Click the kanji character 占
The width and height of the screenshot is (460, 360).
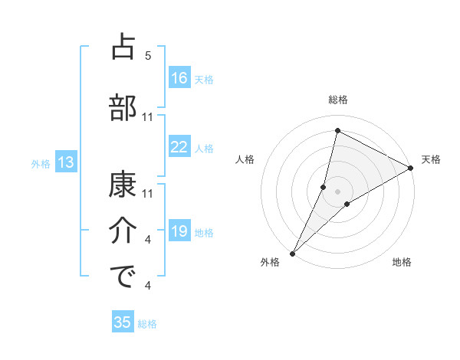tap(123, 47)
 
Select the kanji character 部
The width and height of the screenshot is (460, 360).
tap(123, 106)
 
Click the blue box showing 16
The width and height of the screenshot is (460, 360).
tap(179, 78)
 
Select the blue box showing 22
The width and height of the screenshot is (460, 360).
tap(179, 147)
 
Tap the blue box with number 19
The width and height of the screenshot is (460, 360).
tap(179, 231)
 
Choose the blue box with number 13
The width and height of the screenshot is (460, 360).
tap(65, 162)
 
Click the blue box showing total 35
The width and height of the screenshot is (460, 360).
tap(123, 322)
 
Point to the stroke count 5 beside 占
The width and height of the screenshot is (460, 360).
tap(148, 56)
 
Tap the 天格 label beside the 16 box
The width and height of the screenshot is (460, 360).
tap(203, 79)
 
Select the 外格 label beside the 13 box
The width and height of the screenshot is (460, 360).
tap(41, 163)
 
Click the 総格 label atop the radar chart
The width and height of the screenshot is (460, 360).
tap(338, 100)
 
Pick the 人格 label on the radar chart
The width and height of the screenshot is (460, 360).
tap(245, 159)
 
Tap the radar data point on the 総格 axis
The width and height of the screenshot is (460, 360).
tap(337, 130)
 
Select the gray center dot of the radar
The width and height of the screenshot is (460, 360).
tap(338, 191)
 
